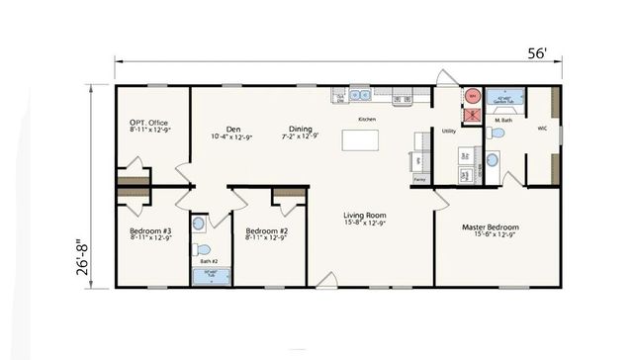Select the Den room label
pos(233,129)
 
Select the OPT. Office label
pos(151,124)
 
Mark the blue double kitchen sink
pos(362,96)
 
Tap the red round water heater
pos(473,96)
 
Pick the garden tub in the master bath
pos(506,102)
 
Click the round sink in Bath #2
pos(200,222)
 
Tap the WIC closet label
pos(543,128)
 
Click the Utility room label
pos(448,131)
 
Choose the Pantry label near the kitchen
pos(419,179)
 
